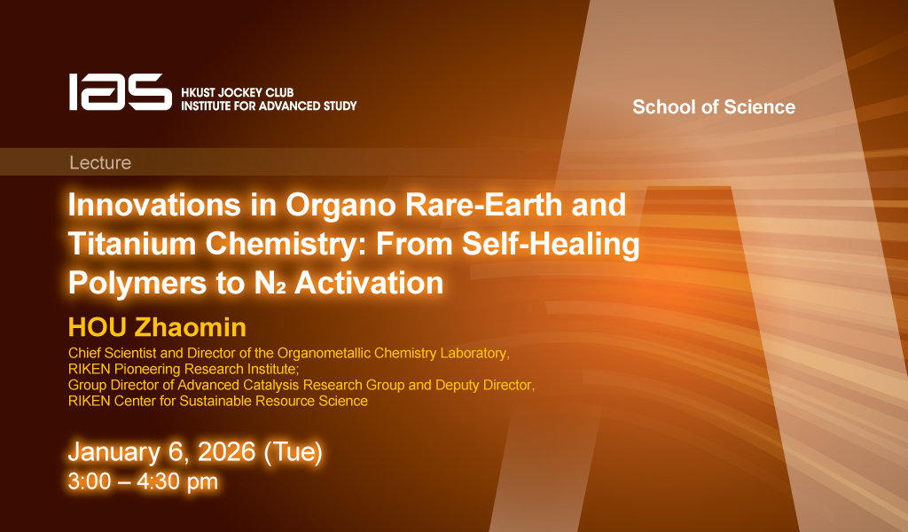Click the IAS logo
(x=121, y=92)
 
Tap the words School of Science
(x=714, y=107)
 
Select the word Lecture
(x=100, y=162)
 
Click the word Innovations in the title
(x=154, y=204)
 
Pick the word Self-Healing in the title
(x=550, y=245)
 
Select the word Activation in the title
(x=369, y=283)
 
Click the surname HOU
(x=97, y=328)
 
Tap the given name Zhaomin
(x=191, y=328)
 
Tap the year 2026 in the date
(x=226, y=451)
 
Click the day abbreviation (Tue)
(x=293, y=452)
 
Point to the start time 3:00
(x=90, y=481)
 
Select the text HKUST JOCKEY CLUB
(x=238, y=92)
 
